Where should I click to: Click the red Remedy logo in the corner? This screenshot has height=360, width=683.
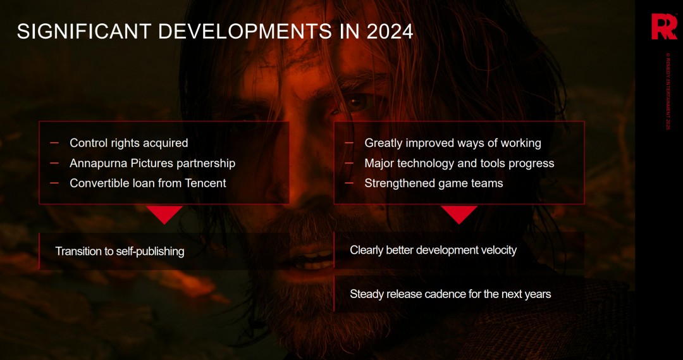pyautogui.click(x=664, y=27)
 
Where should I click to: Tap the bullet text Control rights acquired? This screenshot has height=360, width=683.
pyautogui.click(x=128, y=143)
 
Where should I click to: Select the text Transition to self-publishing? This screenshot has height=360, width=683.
pyautogui.click(x=120, y=251)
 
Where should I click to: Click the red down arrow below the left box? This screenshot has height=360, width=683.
pyautogui.click(x=164, y=213)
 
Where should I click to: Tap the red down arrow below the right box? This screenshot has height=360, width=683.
pyautogui.click(x=459, y=213)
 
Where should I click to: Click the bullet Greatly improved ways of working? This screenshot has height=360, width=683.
pyautogui.click(x=452, y=143)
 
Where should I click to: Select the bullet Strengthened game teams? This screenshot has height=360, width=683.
pyautogui.click(x=433, y=183)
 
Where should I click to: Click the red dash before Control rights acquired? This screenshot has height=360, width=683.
pyautogui.click(x=54, y=143)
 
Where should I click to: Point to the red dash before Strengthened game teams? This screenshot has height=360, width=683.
pyautogui.click(x=349, y=183)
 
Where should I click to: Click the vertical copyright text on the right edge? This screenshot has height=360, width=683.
pyautogui.click(x=667, y=91)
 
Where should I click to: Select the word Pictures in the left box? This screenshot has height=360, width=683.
pyautogui.click(x=152, y=163)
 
